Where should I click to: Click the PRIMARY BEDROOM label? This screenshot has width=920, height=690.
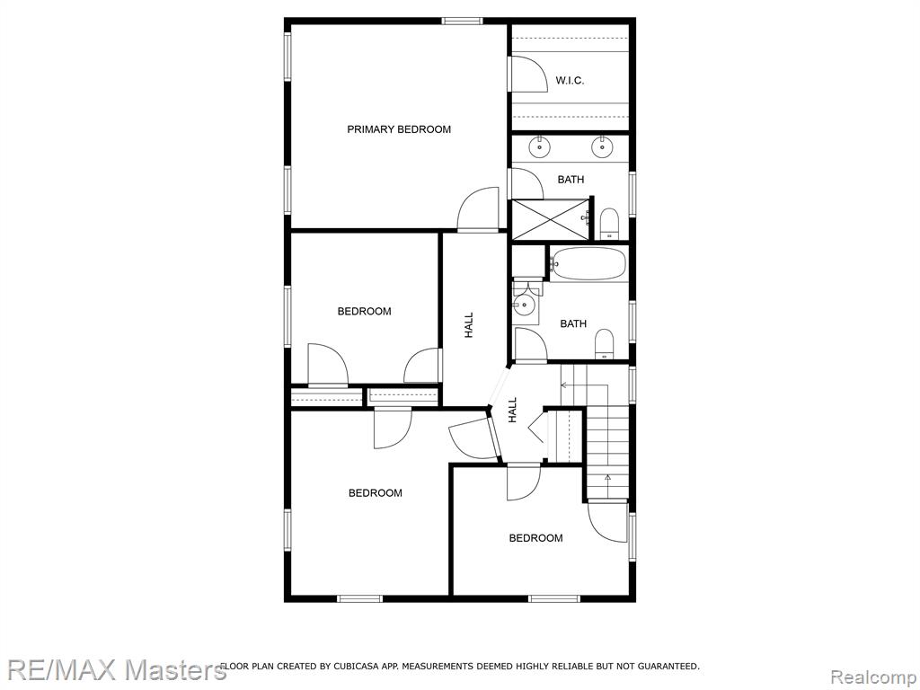[x=399, y=129]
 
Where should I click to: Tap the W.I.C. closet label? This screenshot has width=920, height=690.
[x=570, y=80]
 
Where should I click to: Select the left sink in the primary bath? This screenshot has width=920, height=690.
[x=539, y=146]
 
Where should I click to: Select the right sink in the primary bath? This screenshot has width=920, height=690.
[x=601, y=146]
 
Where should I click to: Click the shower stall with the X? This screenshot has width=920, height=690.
[x=550, y=219]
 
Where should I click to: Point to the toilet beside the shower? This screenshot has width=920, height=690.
[x=609, y=224]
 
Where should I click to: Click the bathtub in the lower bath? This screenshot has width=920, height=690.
[x=588, y=263]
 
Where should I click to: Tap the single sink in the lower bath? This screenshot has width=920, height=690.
[x=524, y=305]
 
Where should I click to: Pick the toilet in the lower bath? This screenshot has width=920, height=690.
[x=604, y=344]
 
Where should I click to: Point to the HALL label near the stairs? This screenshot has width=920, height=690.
[x=513, y=410]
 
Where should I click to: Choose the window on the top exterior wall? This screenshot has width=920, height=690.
[x=463, y=22]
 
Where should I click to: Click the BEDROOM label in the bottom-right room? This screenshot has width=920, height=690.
[x=535, y=538]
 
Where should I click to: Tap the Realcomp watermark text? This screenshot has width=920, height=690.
[x=872, y=677]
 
